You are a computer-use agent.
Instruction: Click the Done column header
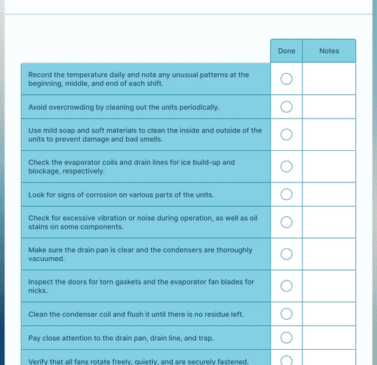(287, 51)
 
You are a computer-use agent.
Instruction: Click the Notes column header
(329, 51)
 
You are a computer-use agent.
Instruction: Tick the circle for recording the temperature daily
(287, 79)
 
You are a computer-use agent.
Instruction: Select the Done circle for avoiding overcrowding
(287, 106)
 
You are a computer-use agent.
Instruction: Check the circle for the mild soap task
(287, 134)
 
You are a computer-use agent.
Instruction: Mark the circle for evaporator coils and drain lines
(287, 167)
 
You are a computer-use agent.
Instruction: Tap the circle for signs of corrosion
(287, 195)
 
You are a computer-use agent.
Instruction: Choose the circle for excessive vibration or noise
(287, 222)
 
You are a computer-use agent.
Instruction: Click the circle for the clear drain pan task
(287, 254)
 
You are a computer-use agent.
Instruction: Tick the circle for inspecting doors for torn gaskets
(287, 286)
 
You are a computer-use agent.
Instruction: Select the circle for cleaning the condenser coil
(287, 314)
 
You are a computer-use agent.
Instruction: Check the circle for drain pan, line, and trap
(287, 337)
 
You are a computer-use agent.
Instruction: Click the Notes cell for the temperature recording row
(329, 79)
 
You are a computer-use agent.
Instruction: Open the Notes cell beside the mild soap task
(329, 134)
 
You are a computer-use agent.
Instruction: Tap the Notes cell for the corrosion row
(329, 195)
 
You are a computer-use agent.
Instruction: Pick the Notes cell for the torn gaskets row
(329, 286)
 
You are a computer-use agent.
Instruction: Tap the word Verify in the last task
(38, 360)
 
